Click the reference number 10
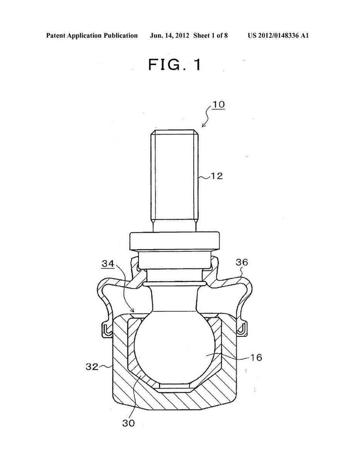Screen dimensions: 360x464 [x=218, y=105]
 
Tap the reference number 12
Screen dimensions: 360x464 [x=217, y=176]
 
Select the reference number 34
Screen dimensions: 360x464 [x=108, y=264]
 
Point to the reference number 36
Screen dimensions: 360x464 [x=242, y=262]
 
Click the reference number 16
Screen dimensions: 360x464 [x=255, y=357]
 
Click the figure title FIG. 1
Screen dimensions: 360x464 [x=174, y=65]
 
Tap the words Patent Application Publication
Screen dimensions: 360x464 [x=92, y=36]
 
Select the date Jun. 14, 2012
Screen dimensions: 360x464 [x=169, y=36]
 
